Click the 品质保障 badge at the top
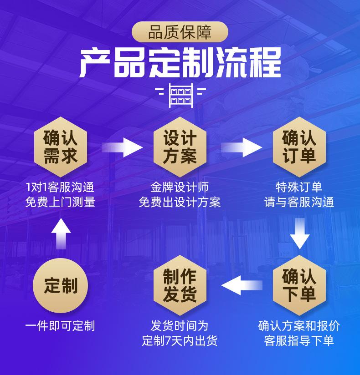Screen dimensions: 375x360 pyautogui.click(x=180, y=33)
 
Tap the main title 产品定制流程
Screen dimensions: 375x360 pyautogui.click(x=180, y=64)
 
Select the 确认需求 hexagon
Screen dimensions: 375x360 pyautogui.click(x=61, y=147)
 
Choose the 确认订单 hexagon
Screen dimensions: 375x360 pyautogui.click(x=299, y=147)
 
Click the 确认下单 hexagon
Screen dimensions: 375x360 pyautogui.click(x=299, y=285)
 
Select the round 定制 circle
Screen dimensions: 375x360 pyautogui.click(x=61, y=285)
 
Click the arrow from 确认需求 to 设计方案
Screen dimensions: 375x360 pyautogui.click(x=121, y=147)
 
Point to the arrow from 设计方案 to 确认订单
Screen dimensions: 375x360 pyautogui.click(x=241, y=147)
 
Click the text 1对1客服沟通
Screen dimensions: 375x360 pyautogui.click(x=60, y=187)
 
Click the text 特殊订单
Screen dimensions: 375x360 pyautogui.click(x=299, y=187)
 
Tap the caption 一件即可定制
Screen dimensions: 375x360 pyautogui.click(x=60, y=326)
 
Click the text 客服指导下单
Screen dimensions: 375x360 pyautogui.click(x=299, y=341)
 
